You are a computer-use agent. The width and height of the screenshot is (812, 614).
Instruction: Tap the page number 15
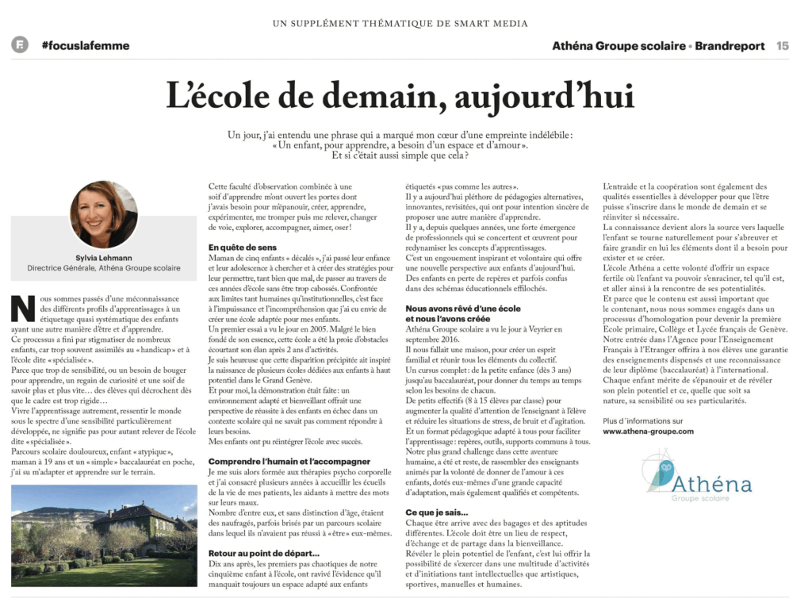[782, 46]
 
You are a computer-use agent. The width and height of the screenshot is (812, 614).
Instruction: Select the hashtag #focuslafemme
[85, 46]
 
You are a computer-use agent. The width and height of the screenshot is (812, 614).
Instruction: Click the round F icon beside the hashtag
[20, 45]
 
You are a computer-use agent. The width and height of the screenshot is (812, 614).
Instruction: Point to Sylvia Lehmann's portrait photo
[104, 214]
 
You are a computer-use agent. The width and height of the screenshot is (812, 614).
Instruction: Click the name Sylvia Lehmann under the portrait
[104, 257]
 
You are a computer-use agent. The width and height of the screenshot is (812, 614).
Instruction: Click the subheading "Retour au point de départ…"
[263, 552]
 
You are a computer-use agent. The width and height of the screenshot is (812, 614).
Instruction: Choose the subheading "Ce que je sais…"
[437, 512]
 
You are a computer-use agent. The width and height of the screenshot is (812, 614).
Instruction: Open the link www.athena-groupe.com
[648, 432]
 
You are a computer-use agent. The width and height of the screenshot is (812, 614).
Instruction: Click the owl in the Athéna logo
[656, 473]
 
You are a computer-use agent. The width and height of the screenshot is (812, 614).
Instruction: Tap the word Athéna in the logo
[712, 482]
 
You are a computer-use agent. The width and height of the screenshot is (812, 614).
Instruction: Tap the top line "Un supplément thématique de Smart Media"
[400, 23]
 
